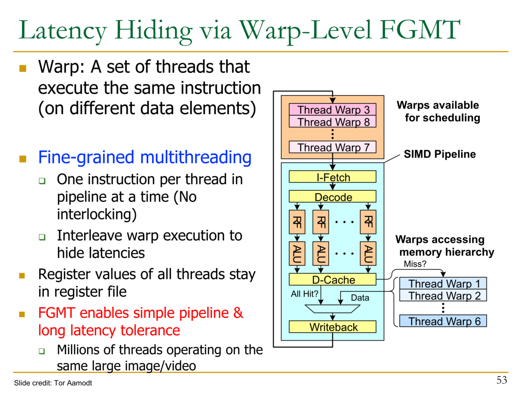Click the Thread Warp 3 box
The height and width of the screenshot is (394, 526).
[333, 109]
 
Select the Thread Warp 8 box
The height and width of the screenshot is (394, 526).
[333, 122]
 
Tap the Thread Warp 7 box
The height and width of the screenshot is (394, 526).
[333, 148]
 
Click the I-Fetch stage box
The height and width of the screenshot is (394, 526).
[333, 177]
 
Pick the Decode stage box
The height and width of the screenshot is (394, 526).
[333, 197]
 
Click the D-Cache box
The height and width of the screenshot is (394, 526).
[333, 280]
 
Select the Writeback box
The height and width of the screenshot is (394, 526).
[333, 327]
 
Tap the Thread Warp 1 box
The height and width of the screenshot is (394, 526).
[443, 284]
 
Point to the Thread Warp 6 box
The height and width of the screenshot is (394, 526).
[443, 321]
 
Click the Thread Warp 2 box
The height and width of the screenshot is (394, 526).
[443, 296]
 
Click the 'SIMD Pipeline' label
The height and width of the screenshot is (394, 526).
[439, 154]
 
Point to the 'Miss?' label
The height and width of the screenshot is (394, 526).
[415, 264]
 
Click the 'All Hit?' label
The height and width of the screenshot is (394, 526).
[304, 294]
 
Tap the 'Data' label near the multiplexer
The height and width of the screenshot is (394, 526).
[360, 298]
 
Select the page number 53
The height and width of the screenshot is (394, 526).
[501, 380]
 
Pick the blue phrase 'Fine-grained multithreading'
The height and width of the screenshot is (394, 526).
[145, 157]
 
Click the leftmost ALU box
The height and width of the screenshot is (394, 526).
[297, 253]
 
